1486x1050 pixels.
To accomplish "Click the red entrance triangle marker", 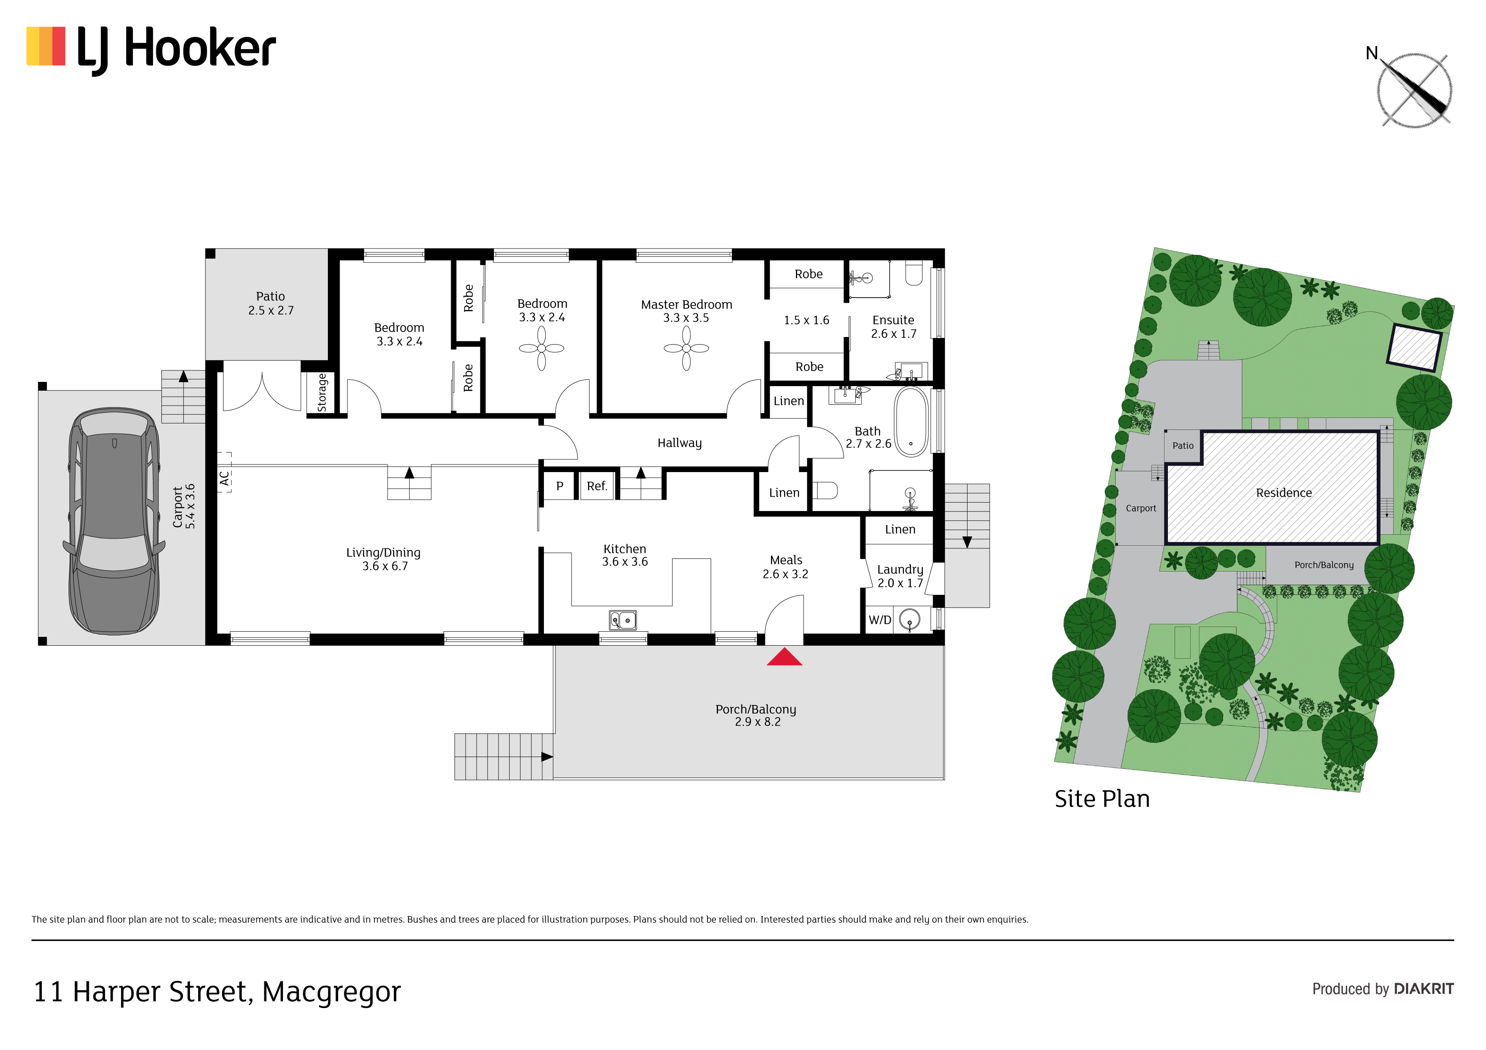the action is point(785,657).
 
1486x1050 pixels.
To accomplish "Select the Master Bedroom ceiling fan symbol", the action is point(686,348).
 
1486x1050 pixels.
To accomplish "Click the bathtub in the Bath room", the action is point(911,422).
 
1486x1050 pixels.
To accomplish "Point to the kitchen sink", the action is point(623,620).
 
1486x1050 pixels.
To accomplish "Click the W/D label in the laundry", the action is point(879,620).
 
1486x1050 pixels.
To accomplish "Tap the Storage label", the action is point(322,393).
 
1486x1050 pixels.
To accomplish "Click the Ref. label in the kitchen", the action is point(597,486).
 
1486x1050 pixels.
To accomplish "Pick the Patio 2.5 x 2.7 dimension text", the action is point(271,310).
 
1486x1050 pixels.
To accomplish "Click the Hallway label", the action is point(679,443).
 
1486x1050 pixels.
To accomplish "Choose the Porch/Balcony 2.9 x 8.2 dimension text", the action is point(758,722).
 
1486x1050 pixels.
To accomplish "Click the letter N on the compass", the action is point(1372,53).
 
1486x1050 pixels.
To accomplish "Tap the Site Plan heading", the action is point(1102,799).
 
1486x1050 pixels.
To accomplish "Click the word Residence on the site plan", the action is point(1284,493).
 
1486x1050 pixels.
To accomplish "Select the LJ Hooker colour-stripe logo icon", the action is point(46,46).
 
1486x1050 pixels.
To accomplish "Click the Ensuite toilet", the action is point(914,273).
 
